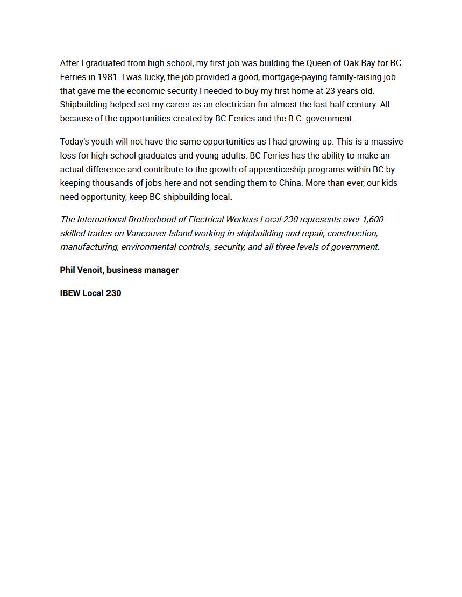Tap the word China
(x=290, y=183)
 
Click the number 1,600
(x=373, y=219)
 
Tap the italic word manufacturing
(x=89, y=247)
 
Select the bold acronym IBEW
(x=70, y=293)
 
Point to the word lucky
(x=153, y=77)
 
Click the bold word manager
(x=161, y=270)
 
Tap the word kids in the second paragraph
(x=390, y=183)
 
